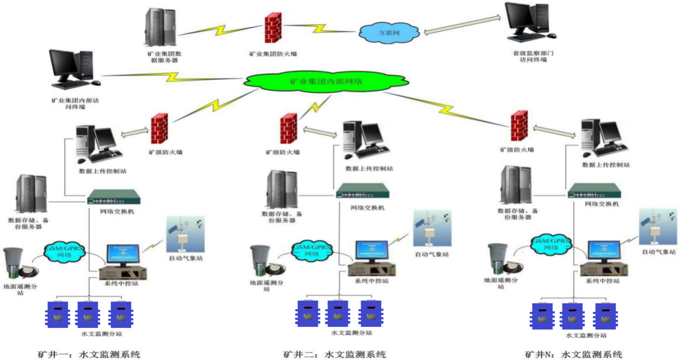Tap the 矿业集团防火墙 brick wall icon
[273, 28]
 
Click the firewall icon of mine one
[159, 129]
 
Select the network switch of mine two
[363, 192]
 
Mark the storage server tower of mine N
[512, 185]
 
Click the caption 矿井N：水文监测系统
[573, 354]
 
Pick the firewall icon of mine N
[519, 127]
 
